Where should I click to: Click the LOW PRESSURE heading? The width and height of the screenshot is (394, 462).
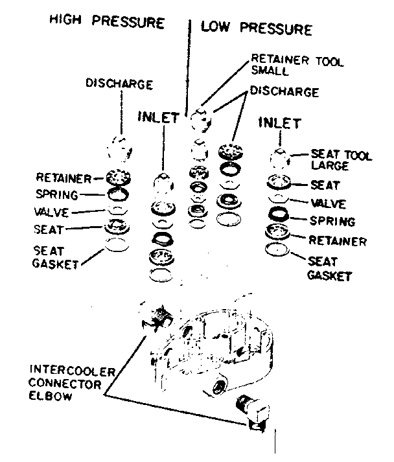pos(256,29)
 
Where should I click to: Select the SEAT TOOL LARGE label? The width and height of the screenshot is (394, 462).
pos(341,161)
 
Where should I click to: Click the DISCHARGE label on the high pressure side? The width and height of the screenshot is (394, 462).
pos(119,84)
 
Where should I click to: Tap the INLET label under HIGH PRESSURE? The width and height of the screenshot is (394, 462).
pos(158,117)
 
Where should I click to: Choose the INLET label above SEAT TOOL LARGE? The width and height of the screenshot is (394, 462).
pos(279,122)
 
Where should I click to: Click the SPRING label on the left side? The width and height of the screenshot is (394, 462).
pos(58,194)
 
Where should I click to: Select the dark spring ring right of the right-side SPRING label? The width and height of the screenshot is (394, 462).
pos(279,215)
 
